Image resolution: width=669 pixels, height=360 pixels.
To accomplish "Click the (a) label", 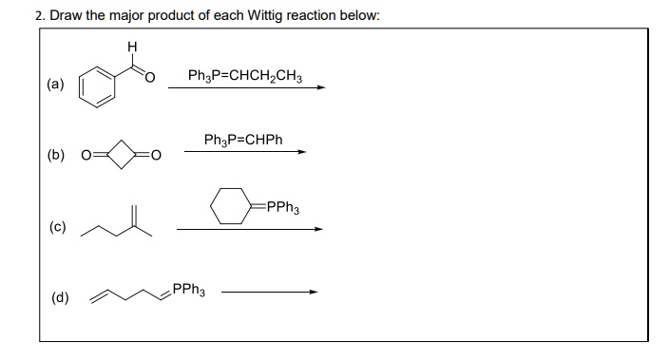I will (56, 84).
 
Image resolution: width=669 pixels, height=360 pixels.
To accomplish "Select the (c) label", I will (56, 228).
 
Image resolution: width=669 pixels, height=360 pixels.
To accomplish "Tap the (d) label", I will (56, 300).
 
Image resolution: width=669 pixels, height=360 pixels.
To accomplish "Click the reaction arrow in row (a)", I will (246, 87).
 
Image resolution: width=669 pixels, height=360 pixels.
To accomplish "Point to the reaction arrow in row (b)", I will (245, 152).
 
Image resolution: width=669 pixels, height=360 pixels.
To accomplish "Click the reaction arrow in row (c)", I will (250, 229).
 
